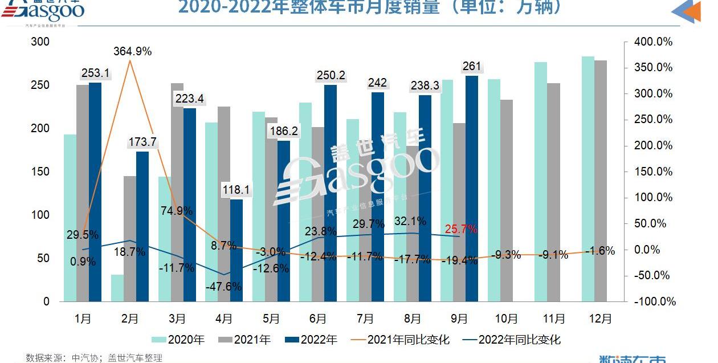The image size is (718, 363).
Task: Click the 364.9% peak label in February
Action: (x=132, y=51)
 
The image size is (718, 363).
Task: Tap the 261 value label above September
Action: (x=472, y=67)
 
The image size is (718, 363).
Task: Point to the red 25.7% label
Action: (x=461, y=230)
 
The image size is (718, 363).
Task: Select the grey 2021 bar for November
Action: (x=553, y=192)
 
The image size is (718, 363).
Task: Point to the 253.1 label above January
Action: (x=95, y=73)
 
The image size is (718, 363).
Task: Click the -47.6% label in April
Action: (x=223, y=287)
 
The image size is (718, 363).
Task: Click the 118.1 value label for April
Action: (x=236, y=190)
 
